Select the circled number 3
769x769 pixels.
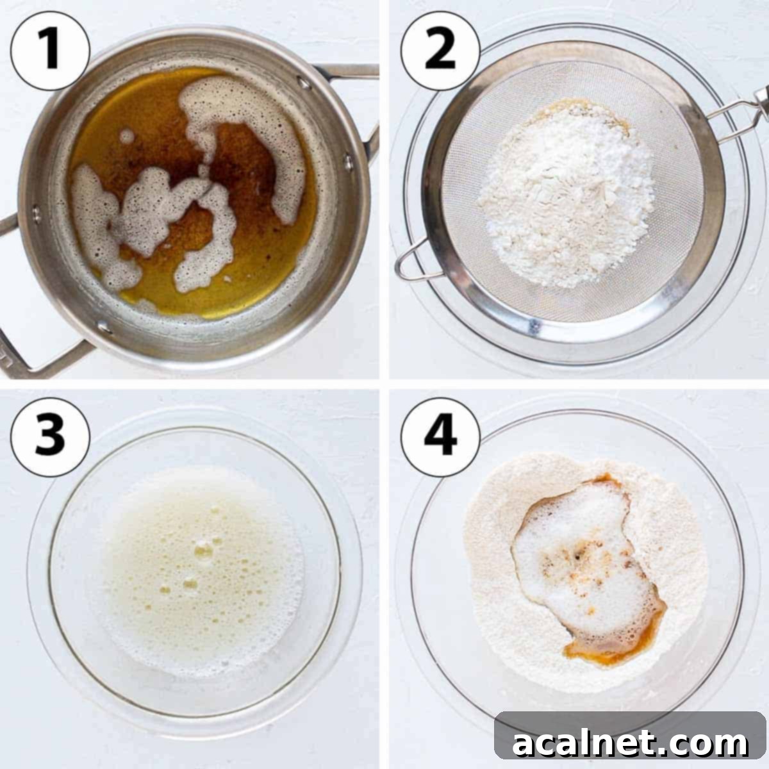point(49,436)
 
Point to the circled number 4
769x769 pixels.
point(440,436)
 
